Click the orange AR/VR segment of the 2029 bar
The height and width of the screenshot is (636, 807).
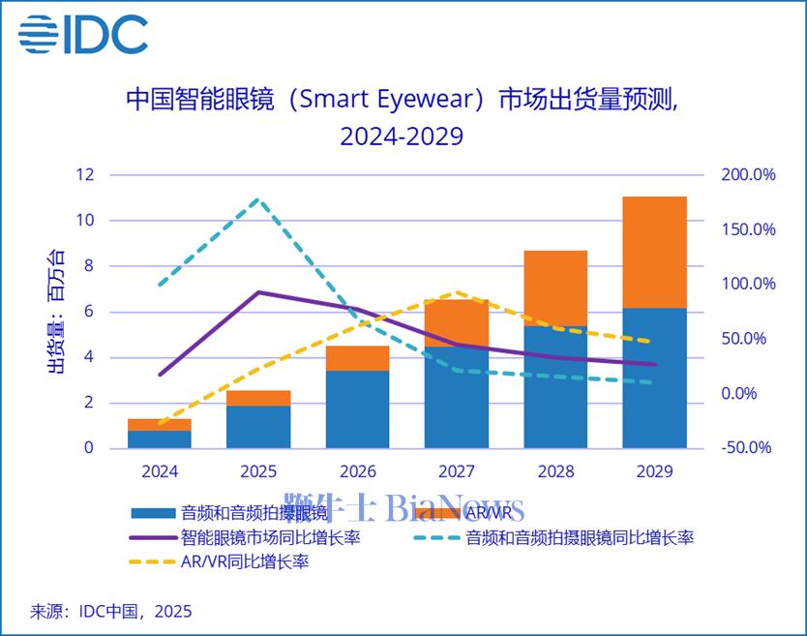[x=654, y=252]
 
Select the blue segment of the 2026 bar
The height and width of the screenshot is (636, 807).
[x=357, y=409]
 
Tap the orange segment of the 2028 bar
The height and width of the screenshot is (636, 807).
[x=555, y=288]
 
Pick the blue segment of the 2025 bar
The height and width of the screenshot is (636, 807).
[x=258, y=427]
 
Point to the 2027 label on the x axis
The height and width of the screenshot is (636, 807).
[x=456, y=471]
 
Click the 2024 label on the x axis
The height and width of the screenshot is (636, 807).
[x=159, y=471]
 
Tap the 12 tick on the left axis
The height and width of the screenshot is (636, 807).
[x=87, y=175]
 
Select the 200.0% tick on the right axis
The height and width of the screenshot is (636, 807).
[x=748, y=175]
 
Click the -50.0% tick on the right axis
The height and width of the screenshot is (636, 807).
[x=748, y=447]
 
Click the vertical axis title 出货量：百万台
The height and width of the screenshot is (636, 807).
[x=57, y=312]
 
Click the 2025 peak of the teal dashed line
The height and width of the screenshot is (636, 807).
[x=258, y=199]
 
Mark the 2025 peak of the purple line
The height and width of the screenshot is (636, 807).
[x=258, y=291]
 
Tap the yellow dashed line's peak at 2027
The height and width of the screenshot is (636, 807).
[x=456, y=291]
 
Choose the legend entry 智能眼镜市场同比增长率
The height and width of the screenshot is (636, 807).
[x=271, y=536]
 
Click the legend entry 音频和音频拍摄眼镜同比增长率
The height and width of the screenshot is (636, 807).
[x=580, y=536]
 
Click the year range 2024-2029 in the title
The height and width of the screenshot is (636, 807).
[x=402, y=136]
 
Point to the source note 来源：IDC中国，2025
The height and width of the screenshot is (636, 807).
[x=111, y=611]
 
